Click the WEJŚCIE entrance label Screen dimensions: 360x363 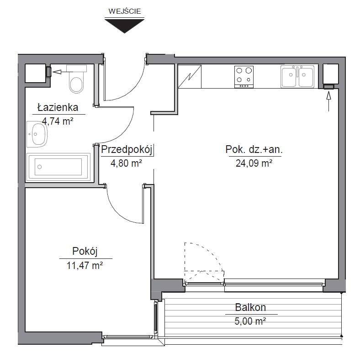point(125,11)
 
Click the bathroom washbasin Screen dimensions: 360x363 point(37,134)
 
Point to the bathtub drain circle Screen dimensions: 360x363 point(40,167)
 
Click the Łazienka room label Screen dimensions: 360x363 point(58,108)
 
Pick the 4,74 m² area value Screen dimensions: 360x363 point(58,121)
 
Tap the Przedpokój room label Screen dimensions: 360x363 point(127,150)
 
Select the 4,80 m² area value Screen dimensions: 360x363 point(126,163)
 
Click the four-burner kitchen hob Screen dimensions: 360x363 point(244,77)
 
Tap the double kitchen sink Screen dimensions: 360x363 point(297,76)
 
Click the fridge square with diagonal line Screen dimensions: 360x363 point(190,76)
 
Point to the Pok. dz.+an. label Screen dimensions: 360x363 point(254,150)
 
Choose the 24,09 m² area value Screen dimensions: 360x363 point(254,163)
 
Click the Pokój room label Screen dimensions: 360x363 point(85,252)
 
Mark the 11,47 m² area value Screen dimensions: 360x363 point(85,265)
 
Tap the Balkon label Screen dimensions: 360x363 point(250,307)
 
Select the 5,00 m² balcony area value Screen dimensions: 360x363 point(250,321)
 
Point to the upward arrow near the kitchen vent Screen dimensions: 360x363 point(329,101)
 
